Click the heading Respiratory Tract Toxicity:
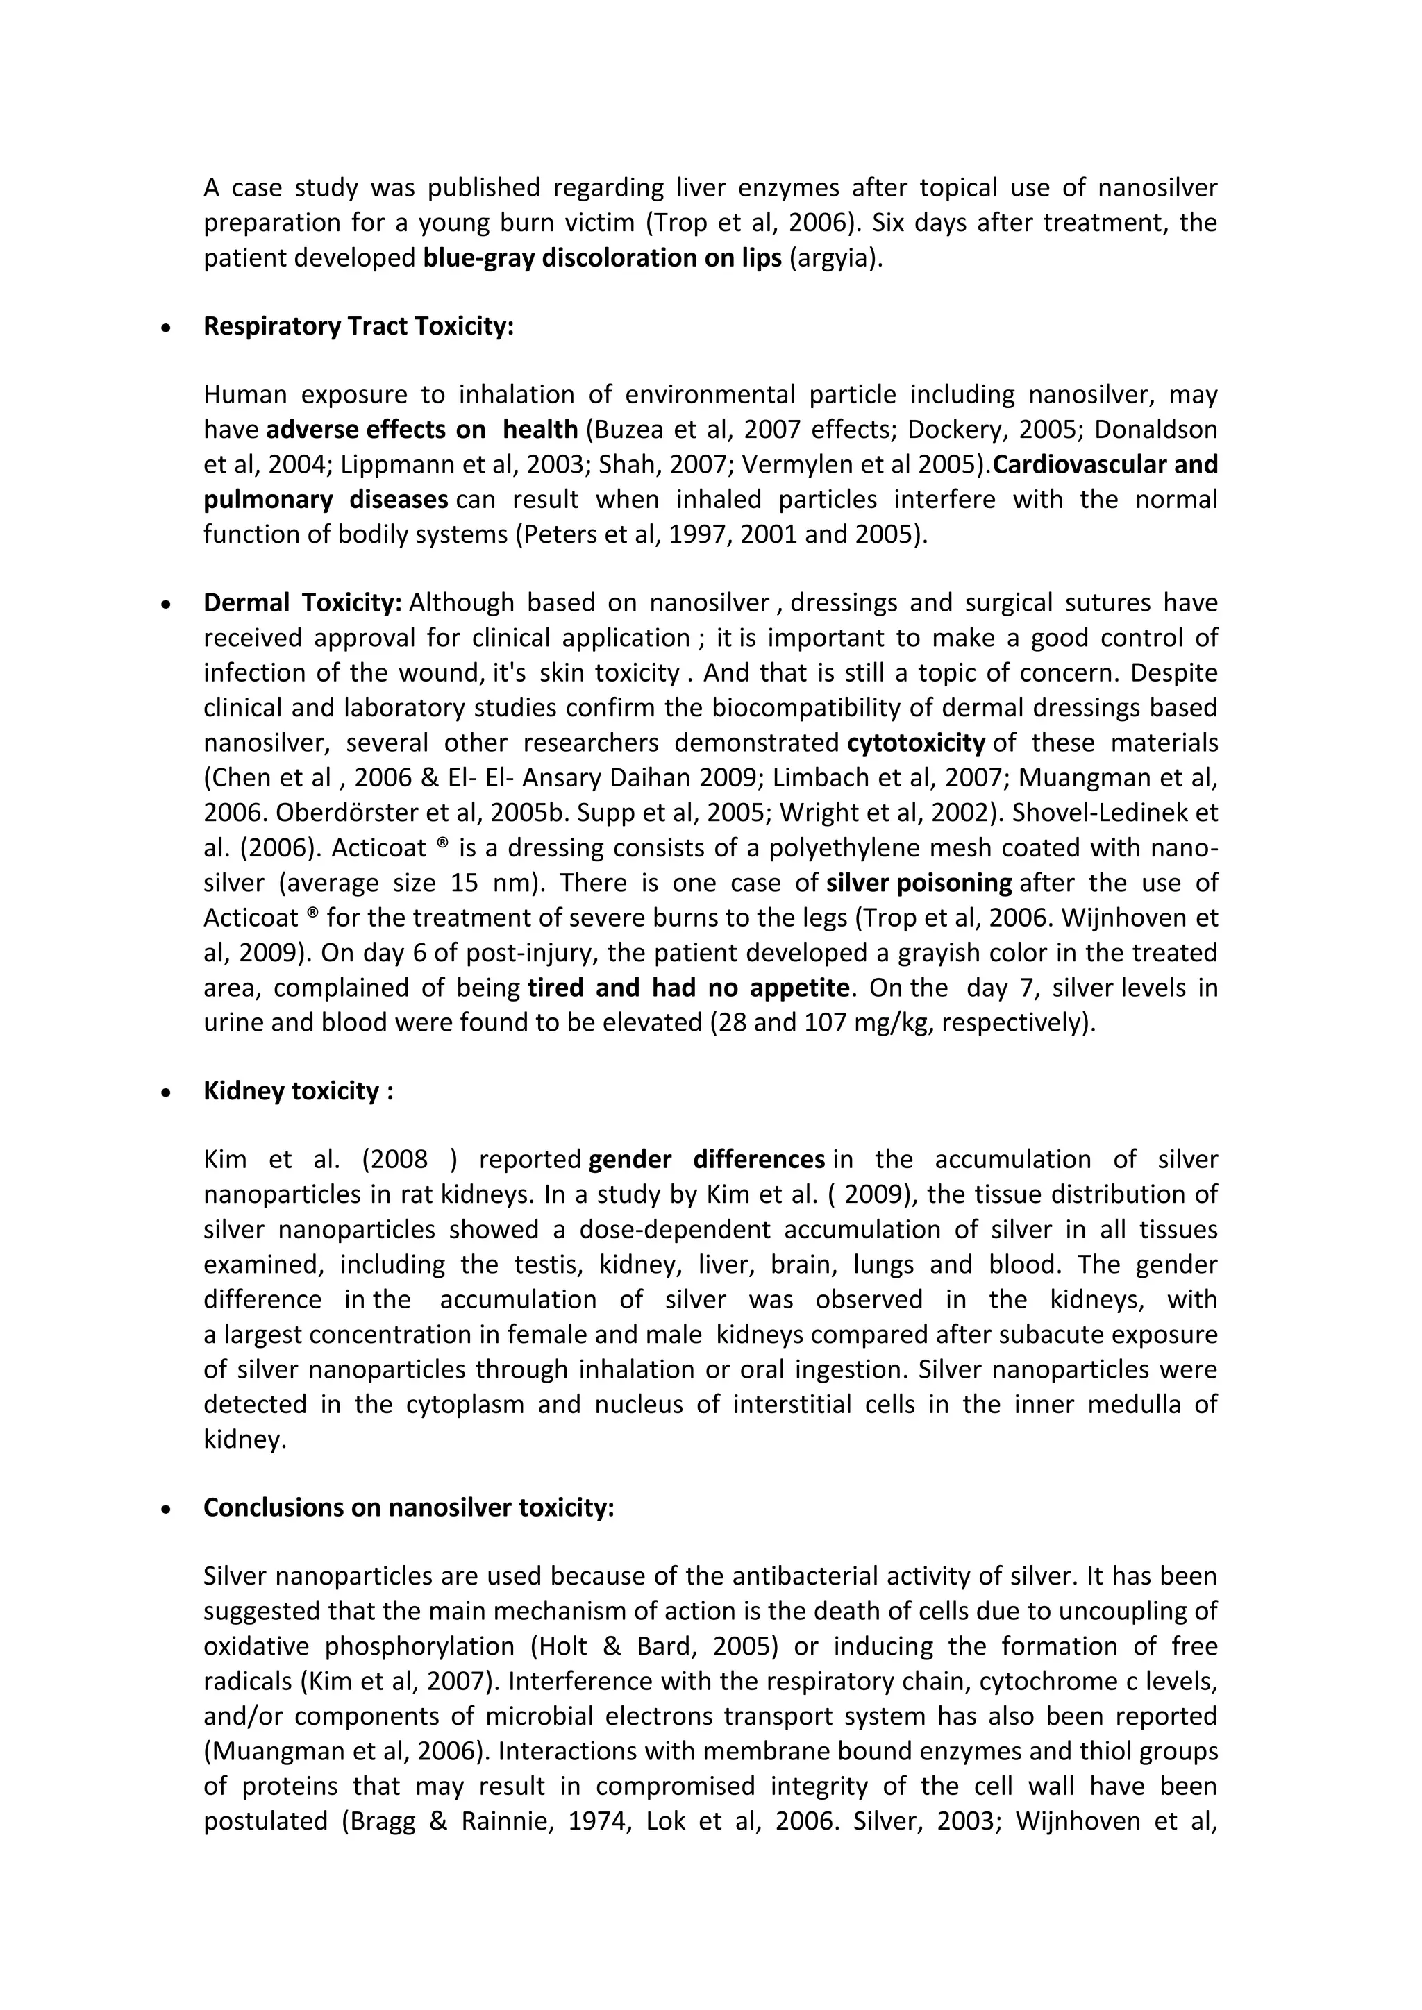(358, 326)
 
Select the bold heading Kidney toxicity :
(298, 1091)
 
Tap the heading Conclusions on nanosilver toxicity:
(408, 1507)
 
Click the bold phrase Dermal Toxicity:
(302, 602)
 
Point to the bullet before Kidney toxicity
(165, 1092)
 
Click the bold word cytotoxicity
(916, 743)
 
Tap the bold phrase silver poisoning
(919, 882)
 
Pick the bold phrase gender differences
(705, 1159)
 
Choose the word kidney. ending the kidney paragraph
(245, 1439)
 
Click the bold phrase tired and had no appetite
(688, 988)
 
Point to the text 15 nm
(490, 882)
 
